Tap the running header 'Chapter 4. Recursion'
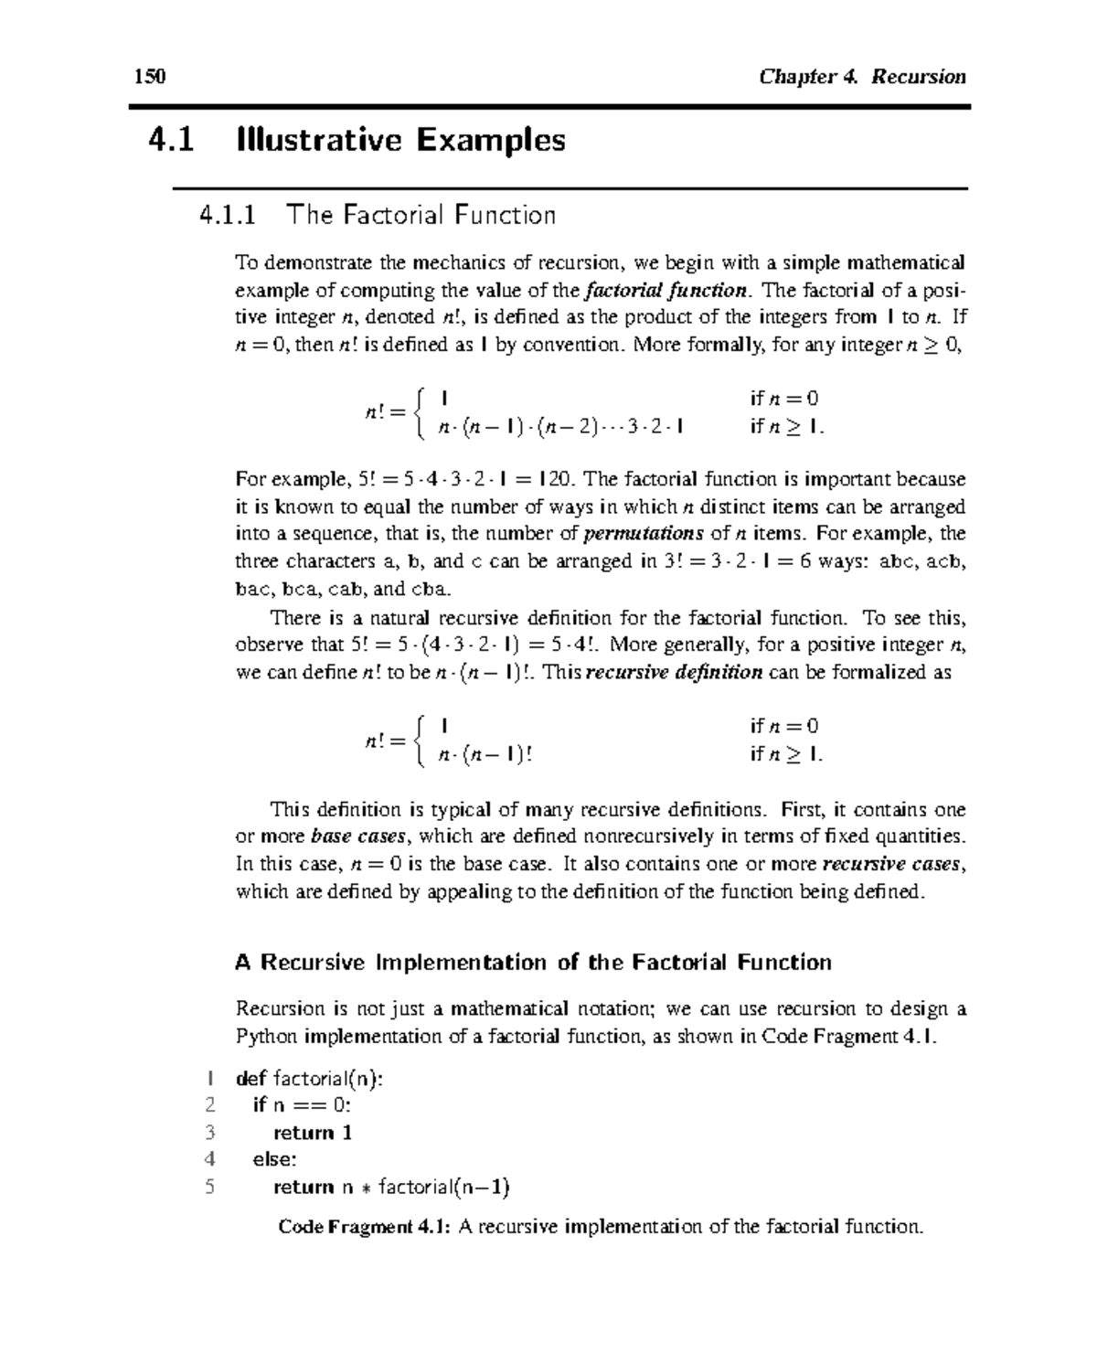tap(861, 76)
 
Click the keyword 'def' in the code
tap(250, 1079)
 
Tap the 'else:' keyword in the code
tap(275, 1159)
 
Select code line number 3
tap(210, 1133)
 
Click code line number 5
tap(210, 1188)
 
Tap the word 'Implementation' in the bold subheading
tap(478, 963)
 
